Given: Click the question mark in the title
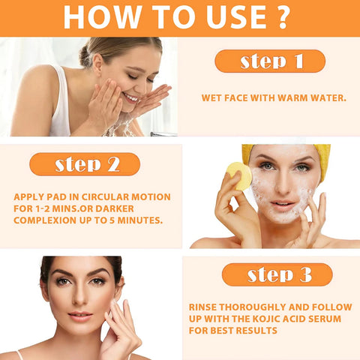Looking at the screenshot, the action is pos(283,16).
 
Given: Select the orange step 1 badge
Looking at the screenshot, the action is pos(270,61).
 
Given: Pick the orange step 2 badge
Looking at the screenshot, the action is pos(85,164).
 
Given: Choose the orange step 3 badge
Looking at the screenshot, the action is pos(277,274).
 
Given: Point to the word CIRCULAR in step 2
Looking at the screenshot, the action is pos(105,197).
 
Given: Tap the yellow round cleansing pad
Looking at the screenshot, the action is pos(239,176).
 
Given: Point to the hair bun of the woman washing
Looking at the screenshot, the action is pos(85,57).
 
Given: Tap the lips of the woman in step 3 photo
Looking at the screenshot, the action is pos(80,316).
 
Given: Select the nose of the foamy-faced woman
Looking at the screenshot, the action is pos(283,185).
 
